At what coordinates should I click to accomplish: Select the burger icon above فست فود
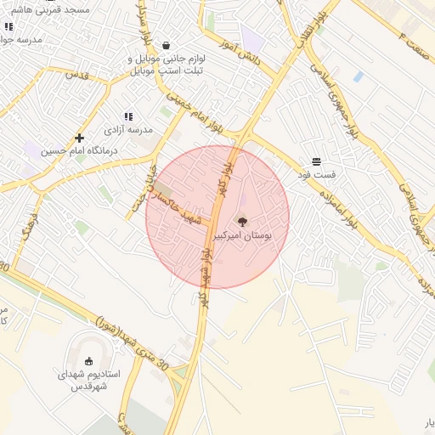[316, 161]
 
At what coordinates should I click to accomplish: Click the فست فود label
[316, 174]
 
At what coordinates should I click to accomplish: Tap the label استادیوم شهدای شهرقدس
[89, 379]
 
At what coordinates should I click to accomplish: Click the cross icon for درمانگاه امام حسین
[80, 138]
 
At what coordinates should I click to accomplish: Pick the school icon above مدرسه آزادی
[128, 116]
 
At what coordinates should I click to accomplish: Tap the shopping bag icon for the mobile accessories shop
[165, 46]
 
